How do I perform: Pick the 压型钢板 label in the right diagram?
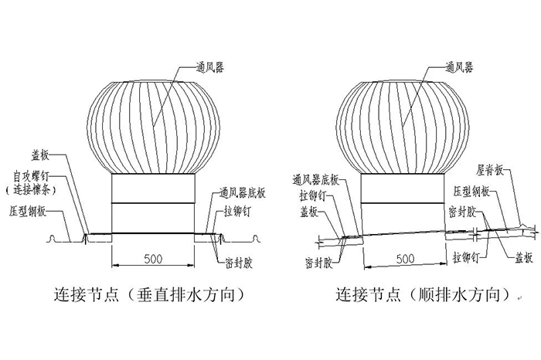490,190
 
